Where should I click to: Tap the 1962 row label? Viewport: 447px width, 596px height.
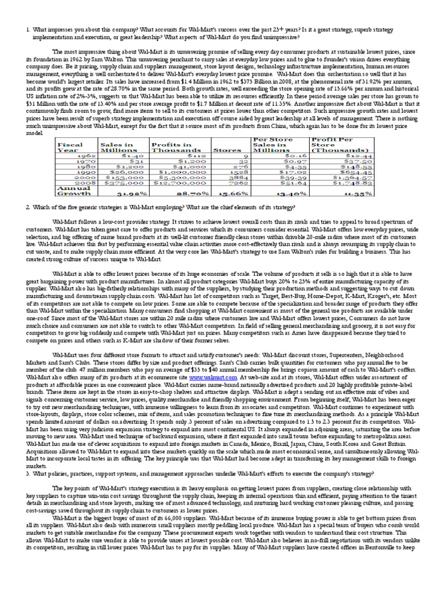click(x=84, y=157)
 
